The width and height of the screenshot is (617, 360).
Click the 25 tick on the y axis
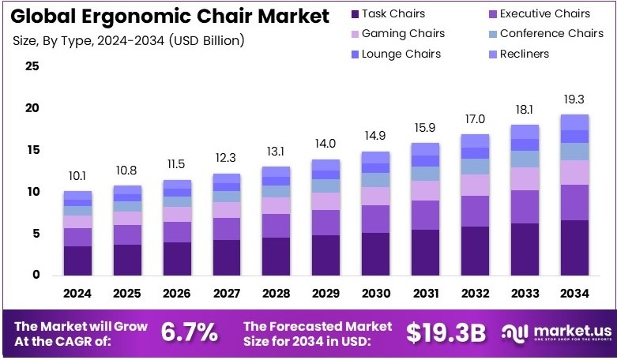(32, 66)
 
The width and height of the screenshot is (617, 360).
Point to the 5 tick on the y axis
(35, 234)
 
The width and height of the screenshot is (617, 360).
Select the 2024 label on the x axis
(77, 294)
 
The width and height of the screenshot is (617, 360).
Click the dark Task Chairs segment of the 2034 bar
(574, 248)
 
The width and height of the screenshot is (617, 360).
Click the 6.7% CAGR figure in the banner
(190, 332)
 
